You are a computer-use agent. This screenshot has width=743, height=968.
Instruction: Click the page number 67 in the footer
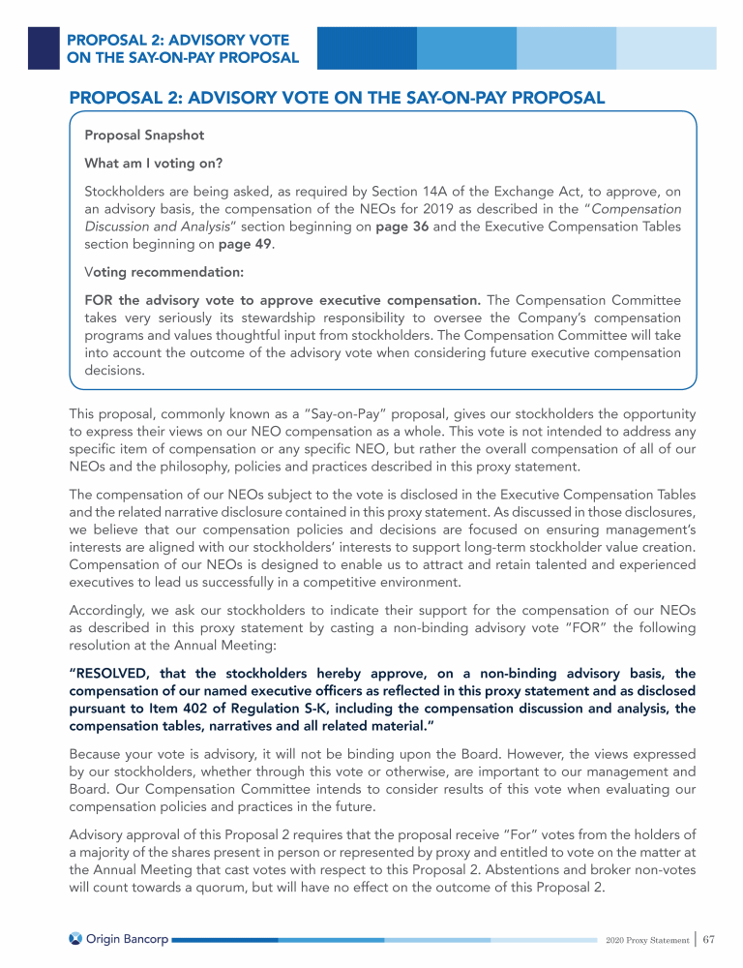[x=708, y=939]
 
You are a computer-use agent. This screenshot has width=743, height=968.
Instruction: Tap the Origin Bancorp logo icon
[x=75, y=939]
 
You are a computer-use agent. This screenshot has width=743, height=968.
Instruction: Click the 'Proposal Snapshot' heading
[x=144, y=135]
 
